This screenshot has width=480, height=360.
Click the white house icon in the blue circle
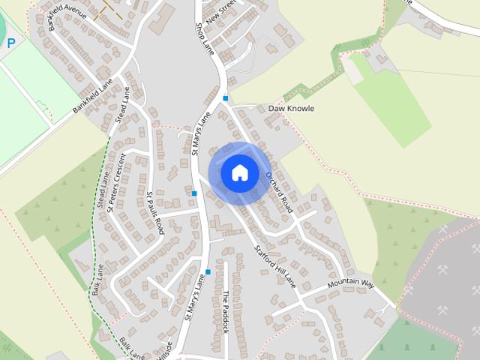click(x=239, y=172)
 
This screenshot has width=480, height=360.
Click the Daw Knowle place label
click(x=291, y=109)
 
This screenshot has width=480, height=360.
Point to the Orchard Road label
click(x=277, y=191)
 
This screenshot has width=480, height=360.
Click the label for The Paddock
click(x=225, y=312)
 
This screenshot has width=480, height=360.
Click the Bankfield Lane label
click(x=92, y=97)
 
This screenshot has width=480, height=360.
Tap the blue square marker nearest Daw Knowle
click(x=225, y=98)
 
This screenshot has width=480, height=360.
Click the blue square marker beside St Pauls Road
click(x=194, y=193)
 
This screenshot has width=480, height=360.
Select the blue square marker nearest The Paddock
click(x=208, y=271)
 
